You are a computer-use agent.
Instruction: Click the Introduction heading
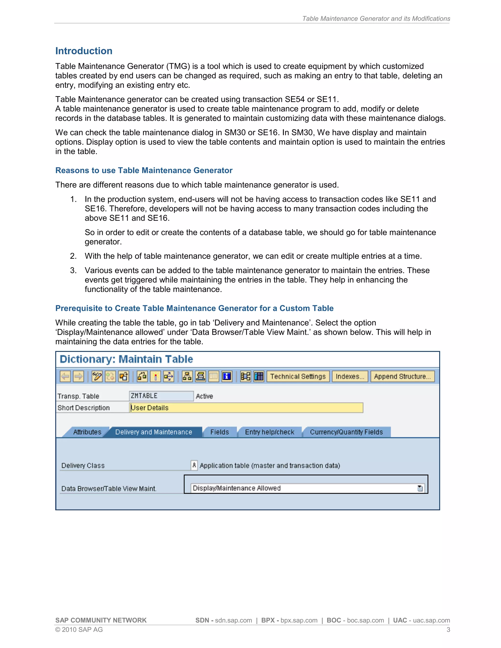[x=84, y=51]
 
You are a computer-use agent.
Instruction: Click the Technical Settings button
[x=298, y=376]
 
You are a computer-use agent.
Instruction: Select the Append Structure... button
[x=402, y=376]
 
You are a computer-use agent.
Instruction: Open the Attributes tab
[x=87, y=432]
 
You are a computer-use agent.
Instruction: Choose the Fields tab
[x=219, y=432]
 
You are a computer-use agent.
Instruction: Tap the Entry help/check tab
[x=270, y=432]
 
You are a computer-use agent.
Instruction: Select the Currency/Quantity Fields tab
[x=346, y=432]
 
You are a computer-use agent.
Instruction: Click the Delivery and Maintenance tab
[x=153, y=432]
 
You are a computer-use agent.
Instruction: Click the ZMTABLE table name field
[x=161, y=396]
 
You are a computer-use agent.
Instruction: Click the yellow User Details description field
[x=246, y=408]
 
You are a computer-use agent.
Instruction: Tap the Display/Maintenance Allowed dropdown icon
[x=420, y=488]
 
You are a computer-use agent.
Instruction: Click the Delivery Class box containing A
[x=194, y=465]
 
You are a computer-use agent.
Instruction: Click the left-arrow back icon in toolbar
[x=65, y=377]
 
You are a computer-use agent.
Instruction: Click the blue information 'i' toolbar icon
[x=227, y=377]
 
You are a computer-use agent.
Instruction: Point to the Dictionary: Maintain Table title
[x=126, y=359]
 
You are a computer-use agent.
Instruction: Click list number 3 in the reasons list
[x=73, y=270]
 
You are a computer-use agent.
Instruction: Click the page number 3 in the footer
[x=448, y=630]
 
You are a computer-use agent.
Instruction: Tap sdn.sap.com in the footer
[x=233, y=620]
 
